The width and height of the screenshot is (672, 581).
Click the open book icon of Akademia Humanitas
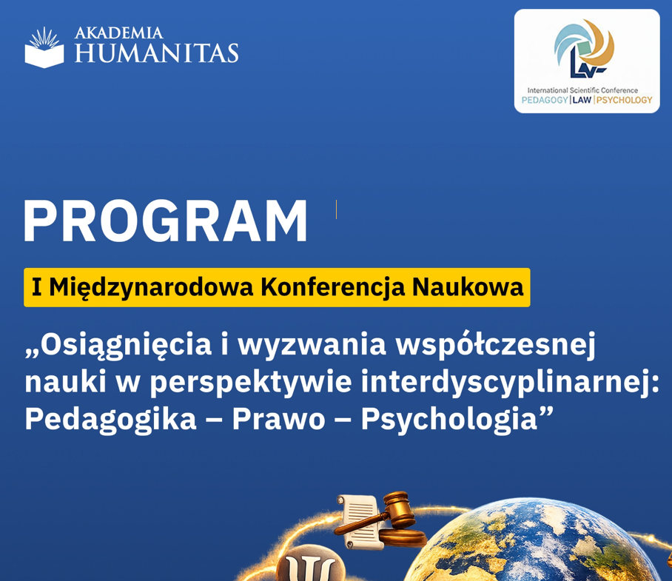coord(44,47)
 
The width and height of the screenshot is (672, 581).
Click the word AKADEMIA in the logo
coord(118,33)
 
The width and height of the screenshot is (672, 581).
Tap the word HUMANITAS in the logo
coord(156,53)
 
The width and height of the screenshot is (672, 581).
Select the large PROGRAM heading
coord(166,221)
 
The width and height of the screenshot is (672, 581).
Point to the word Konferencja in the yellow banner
coord(332,287)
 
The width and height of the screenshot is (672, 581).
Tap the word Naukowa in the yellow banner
coord(468,287)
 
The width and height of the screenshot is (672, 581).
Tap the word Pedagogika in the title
coord(110,419)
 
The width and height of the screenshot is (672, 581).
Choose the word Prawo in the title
coord(278,419)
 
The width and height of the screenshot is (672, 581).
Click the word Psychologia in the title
coord(449,419)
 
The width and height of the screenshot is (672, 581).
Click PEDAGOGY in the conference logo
coord(544,100)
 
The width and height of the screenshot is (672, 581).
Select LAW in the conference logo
coord(582,100)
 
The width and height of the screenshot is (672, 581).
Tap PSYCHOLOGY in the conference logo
coord(624,100)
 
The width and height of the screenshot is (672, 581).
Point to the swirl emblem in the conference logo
coord(584,48)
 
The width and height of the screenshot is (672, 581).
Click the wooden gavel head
coord(398,508)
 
